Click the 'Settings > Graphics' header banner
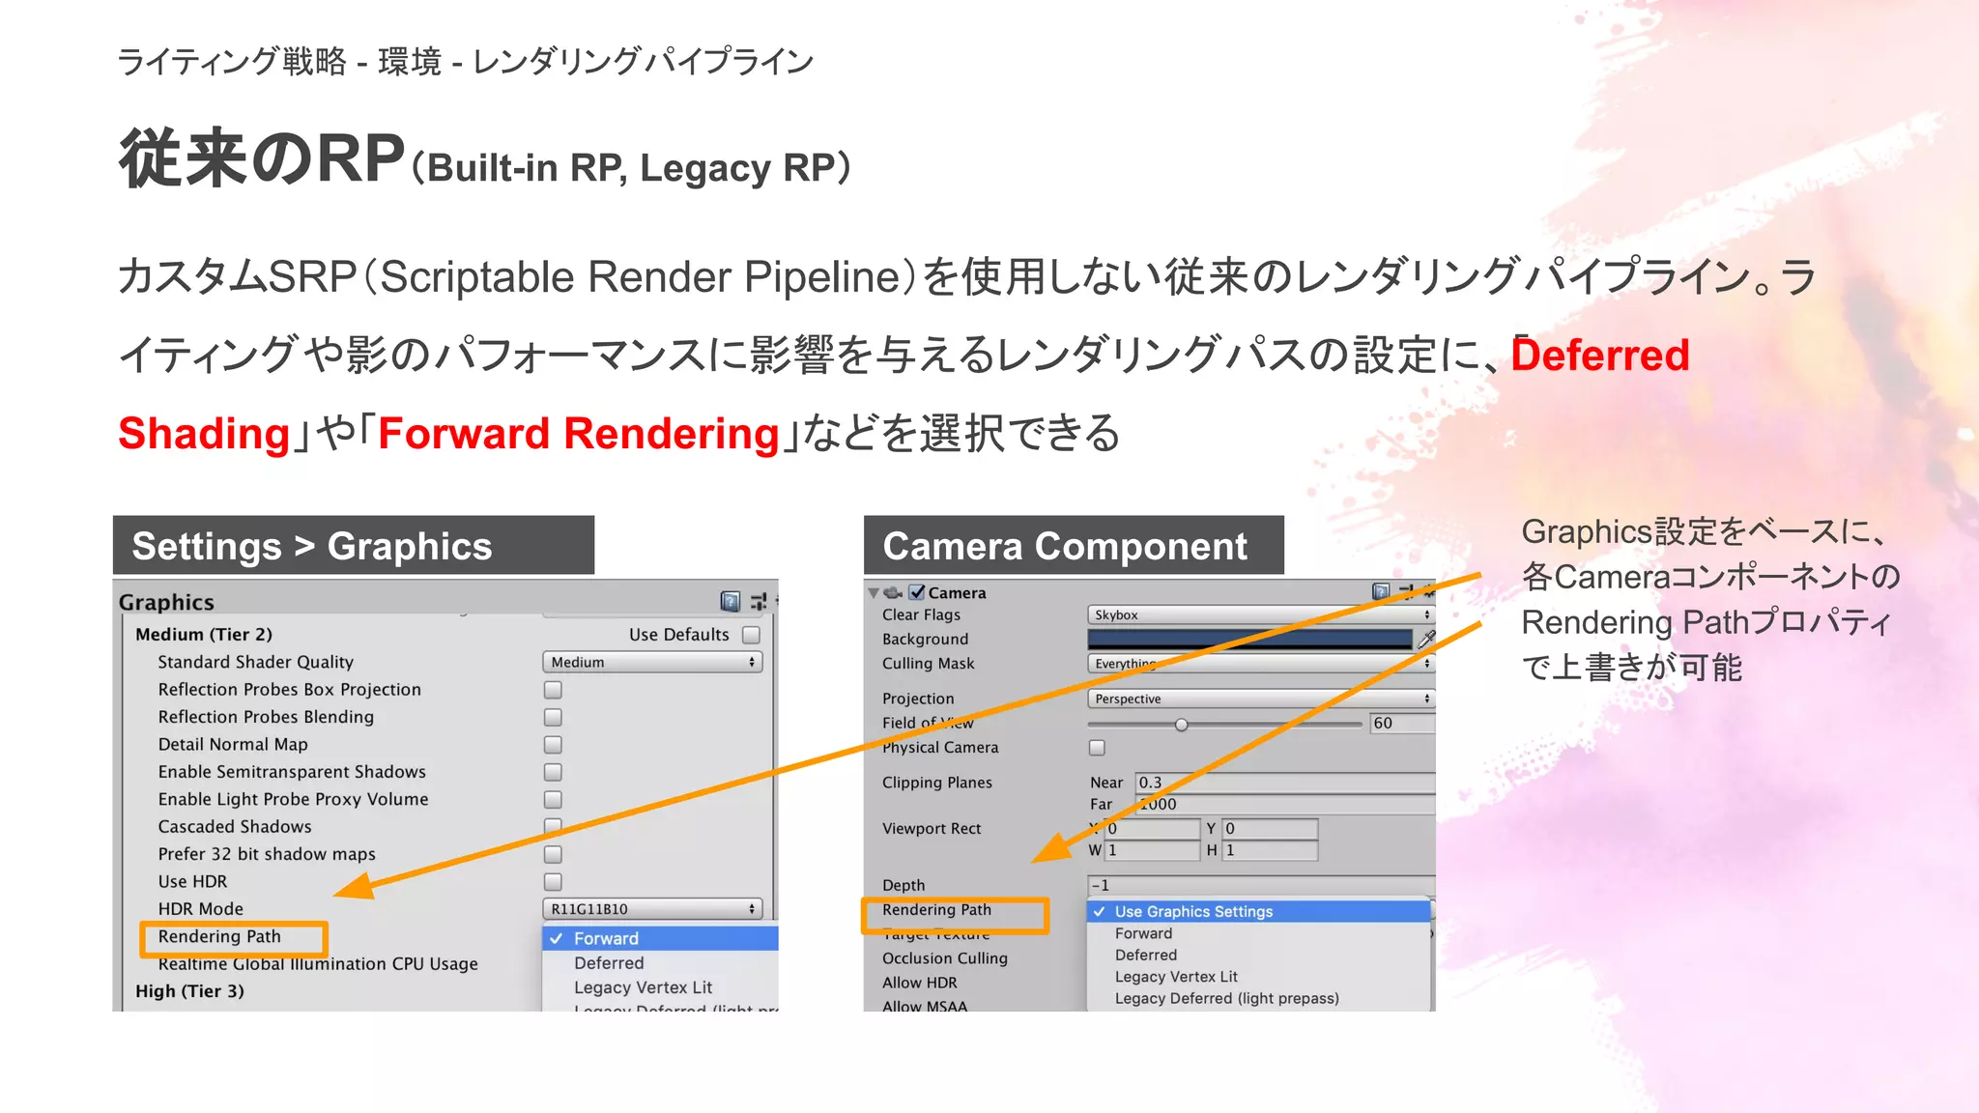pos(353,546)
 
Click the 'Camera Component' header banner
pos(1073,546)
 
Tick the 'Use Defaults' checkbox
pos(751,635)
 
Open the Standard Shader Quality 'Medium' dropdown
pos(652,662)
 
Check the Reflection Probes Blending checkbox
pos(553,717)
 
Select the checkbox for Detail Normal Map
pos(553,745)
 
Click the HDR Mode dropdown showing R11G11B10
pos(652,909)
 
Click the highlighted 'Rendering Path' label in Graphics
pos(219,937)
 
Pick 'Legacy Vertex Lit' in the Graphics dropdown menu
pos(643,987)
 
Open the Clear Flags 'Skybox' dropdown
pos(1260,614)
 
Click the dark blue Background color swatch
pos(1248,639)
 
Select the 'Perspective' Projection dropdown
pos(1260,699)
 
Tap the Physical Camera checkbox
pos(1097,748)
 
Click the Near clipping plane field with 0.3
pos(1283,783)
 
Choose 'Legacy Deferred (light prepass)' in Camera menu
pos(1226,998)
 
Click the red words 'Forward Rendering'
pos(578,433)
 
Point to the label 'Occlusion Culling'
pos(944,958)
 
